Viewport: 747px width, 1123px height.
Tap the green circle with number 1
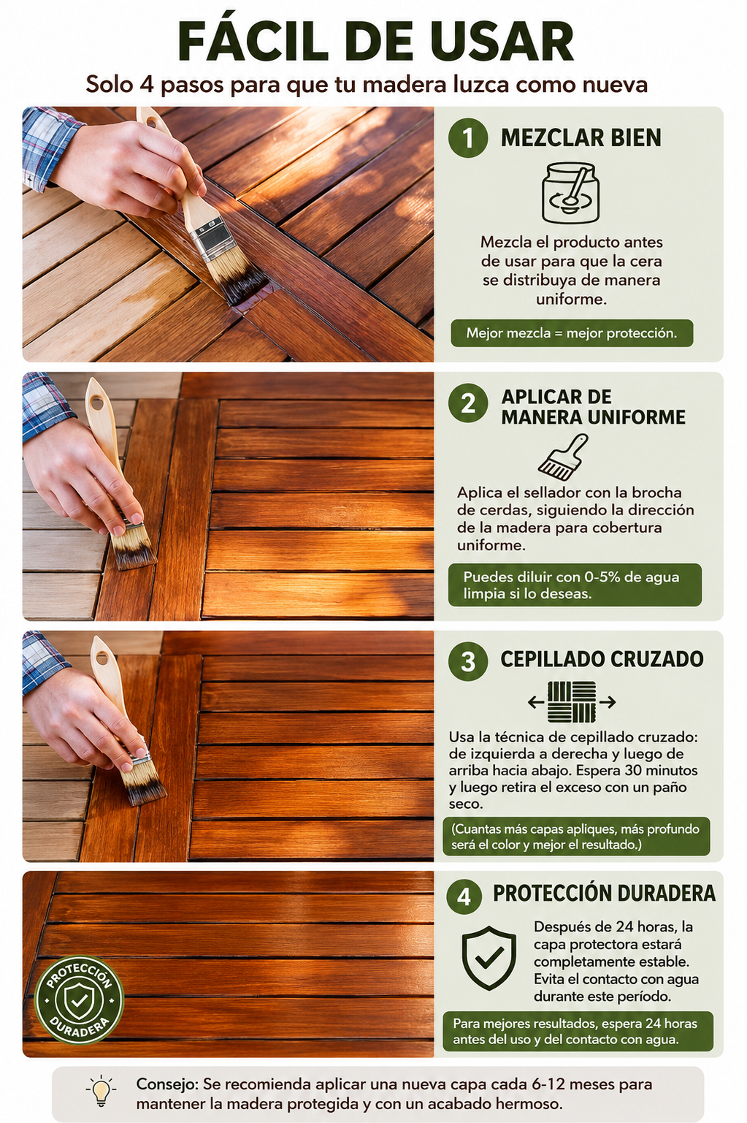468,137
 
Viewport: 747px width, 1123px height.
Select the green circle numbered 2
468,403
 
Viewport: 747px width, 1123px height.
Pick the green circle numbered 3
468,661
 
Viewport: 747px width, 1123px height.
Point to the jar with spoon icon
570,192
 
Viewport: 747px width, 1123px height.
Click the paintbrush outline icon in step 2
563,456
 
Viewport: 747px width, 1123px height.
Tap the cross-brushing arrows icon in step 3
572,702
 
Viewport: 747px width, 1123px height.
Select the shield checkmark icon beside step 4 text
489,958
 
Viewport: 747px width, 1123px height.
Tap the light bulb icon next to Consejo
101,1090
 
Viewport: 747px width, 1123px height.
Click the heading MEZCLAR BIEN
581,138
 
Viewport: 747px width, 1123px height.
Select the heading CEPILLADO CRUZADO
602,659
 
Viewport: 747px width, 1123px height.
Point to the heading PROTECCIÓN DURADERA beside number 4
604,893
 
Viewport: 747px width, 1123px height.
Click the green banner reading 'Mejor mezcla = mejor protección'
572,333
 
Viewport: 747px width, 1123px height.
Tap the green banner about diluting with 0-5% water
575,585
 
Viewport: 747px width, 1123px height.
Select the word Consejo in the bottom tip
166,1084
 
